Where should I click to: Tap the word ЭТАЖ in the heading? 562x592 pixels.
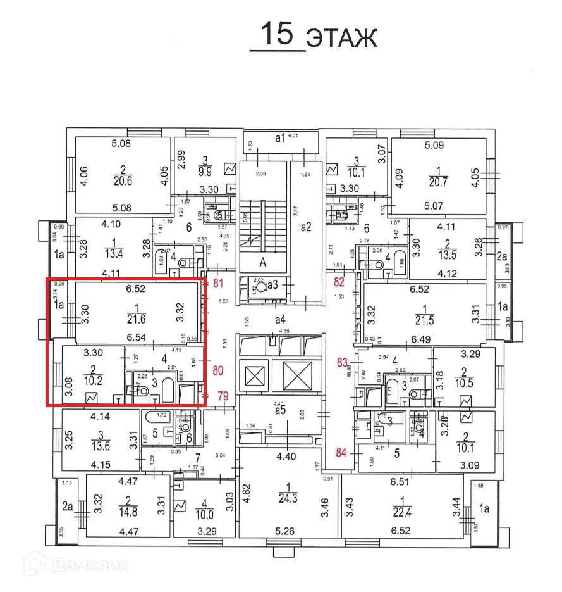341,37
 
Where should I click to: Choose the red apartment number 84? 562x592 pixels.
341,452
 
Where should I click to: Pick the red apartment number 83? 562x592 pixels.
342,363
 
